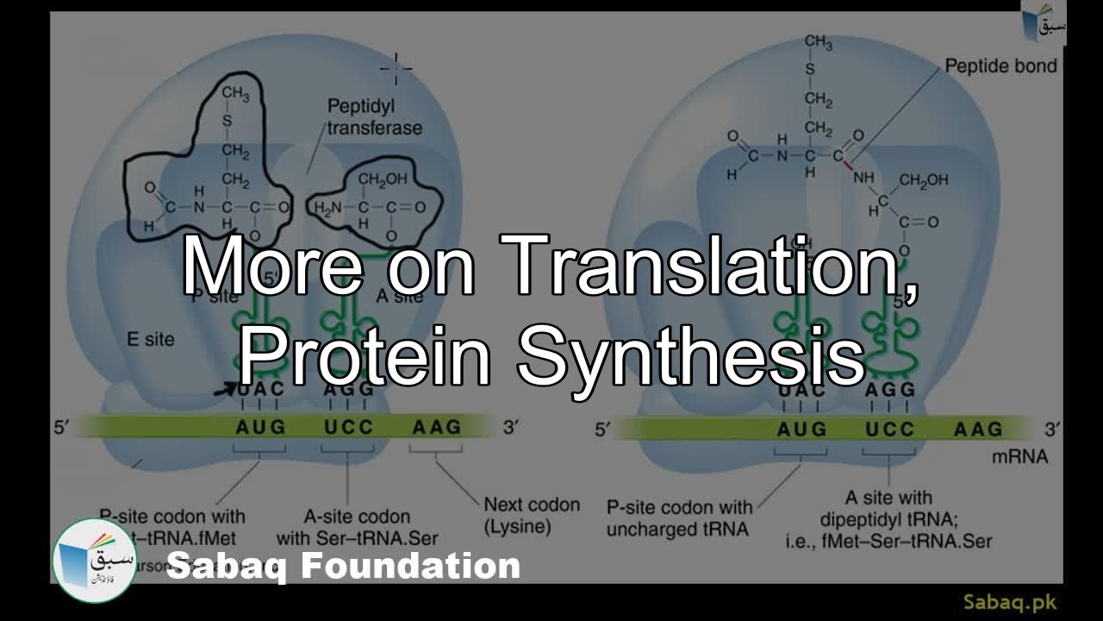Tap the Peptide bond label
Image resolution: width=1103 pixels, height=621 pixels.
[x=1000, y=66]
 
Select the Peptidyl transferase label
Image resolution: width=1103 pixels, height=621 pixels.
[x=374, y=117]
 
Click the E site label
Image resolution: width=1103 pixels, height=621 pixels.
[x=151, y=339]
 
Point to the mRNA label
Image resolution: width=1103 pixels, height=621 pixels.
[x=1019, y=457]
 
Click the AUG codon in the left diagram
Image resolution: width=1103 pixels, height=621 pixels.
[x=260, y=427]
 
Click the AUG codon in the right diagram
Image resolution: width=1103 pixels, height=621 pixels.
[x=801, y=429]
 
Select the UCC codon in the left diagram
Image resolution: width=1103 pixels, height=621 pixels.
[x=348, y=427]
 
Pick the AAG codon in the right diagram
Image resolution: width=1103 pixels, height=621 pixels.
[x=978, y=429]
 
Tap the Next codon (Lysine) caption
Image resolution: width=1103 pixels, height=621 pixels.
[x=531, y=515]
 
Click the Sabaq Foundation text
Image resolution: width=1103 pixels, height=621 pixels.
[x=343, y=567]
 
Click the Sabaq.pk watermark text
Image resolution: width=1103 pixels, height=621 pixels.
[x=1009, y=602]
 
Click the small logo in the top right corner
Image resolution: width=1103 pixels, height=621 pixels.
[x=1044, y=22]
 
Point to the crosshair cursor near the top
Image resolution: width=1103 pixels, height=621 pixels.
[x=396, y=69]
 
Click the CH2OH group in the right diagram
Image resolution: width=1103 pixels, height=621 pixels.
[x=923, y=180]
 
